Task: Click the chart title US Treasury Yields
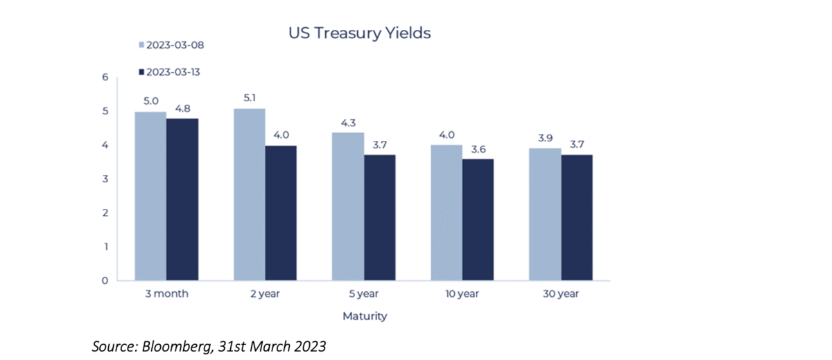pyautogui.click(x=360, y=33)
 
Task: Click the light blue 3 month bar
pyautogui.click(x=150, y=196)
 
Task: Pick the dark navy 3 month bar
pyautogui.click(x=182, y=200)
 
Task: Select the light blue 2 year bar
pyautogui.click(x=249, y=194)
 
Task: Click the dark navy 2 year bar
pyautogui.click(x=281, y=213)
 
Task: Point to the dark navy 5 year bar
pyautogui.click(x=379, y=218)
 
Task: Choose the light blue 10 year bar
pyautogui.click(x=446, y=213)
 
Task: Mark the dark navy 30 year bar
pyautogui.click(x=577, y=218)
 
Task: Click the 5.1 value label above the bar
pyautogui.click(x=249, y=98)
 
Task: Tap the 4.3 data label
pyautogui.click(x=347, y=122)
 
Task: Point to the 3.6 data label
pyautogui.click(x=478, y=148)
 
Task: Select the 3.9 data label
pyautogui.click(x=545, y=137)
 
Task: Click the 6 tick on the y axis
pyautogui.click(x=105, y=77)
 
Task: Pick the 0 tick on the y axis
pyautogui.click(x=105, y=281)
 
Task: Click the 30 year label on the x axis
pyautogui.click(x=561, y=293)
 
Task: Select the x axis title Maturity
pyautogui.click(x=364, y=316)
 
